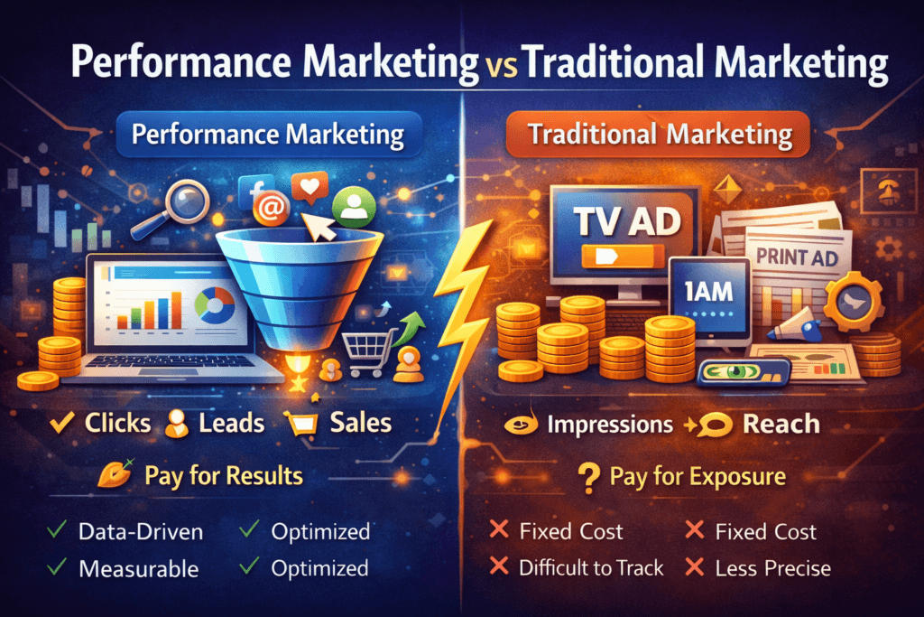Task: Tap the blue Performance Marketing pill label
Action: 267,136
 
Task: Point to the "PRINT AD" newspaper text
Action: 798,257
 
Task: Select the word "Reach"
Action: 781,424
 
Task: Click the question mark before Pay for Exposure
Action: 592,477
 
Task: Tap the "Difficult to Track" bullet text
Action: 591,568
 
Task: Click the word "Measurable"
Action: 137,568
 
